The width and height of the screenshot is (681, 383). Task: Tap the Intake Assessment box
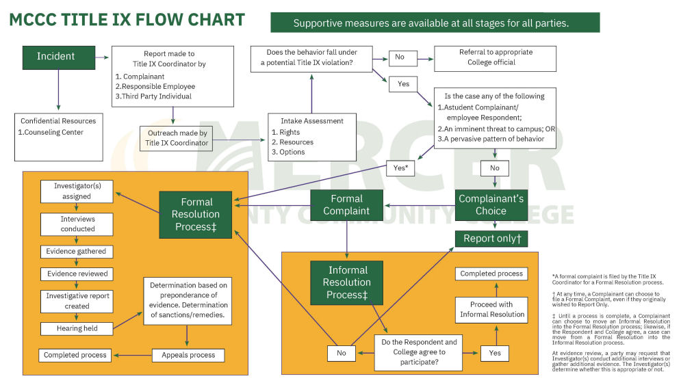(x=311, y=137)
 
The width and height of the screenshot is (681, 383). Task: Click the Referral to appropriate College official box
(x=495, y=57)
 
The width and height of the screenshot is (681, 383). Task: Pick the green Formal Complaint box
(x=346, y=206)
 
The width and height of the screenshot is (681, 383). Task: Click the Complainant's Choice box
(x=491, y=205)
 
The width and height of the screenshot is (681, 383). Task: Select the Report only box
(x=491, y=239)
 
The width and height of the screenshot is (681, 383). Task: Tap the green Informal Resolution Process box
(x=347, y=282)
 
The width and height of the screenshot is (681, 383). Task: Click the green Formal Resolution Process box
(x=197, y=213)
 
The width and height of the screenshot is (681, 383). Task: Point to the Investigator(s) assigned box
(x=77, y=191)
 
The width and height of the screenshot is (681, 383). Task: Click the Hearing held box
(x=77, y=328)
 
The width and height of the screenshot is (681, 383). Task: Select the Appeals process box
(x=188, y=355)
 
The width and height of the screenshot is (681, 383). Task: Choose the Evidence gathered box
(x=77, y=252)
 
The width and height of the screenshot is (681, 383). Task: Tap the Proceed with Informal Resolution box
(x=491, y=310)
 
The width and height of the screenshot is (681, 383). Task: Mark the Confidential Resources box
(x=58, y=136)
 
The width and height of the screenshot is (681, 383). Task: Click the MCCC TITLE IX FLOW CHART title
(x=127, y=20)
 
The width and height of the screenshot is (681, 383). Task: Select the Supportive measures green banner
(x=435, y=23)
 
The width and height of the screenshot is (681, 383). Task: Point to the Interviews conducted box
(x=77, y=224)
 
